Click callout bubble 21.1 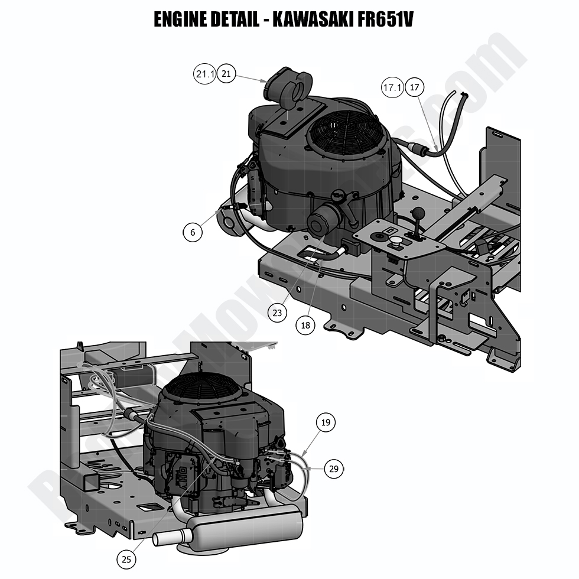pyautogui.click(x=204, y=74)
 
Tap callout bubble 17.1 pyautogui.click(x=392, y=88)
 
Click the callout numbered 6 pyautogui.click(x=193, y=232)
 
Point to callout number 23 pyautogui.click(x=278, y=313)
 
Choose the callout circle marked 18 pyautogui.click(x=306, y=324)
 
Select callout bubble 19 pyautogui.click(x=326, y=422)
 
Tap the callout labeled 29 pyautogui.click(x=334, y=469)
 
